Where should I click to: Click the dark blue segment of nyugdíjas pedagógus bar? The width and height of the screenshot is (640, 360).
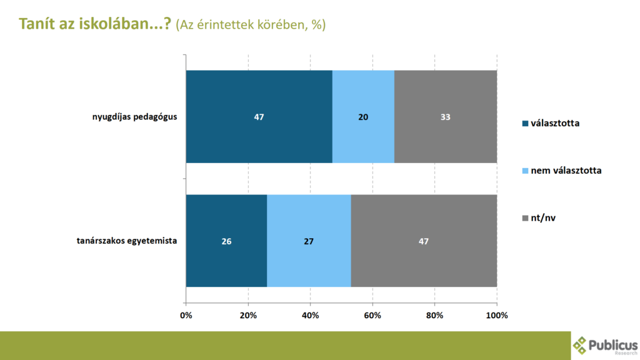point(259,116)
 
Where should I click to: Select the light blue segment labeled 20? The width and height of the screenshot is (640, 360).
point(363,116)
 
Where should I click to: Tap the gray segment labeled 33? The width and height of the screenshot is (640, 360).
point(446,116)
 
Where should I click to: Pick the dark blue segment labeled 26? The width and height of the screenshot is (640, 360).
point(226,241)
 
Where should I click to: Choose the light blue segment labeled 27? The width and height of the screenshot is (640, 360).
point(309,241)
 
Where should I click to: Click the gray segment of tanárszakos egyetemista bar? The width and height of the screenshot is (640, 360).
point(424,241)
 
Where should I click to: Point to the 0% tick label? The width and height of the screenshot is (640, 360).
point(186,315)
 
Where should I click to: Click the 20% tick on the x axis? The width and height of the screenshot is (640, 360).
point(248,315)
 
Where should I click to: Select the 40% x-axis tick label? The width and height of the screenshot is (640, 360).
point(310,315)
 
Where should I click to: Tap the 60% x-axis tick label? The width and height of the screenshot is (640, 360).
point(372,315)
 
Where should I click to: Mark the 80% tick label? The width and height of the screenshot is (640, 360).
point(434,315)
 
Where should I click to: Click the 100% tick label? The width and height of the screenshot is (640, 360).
point(497,315)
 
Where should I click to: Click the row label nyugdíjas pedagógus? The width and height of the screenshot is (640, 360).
point(131,116)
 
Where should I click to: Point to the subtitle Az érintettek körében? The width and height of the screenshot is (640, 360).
point(251,25)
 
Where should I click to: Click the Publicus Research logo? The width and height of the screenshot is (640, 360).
point(605,345)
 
